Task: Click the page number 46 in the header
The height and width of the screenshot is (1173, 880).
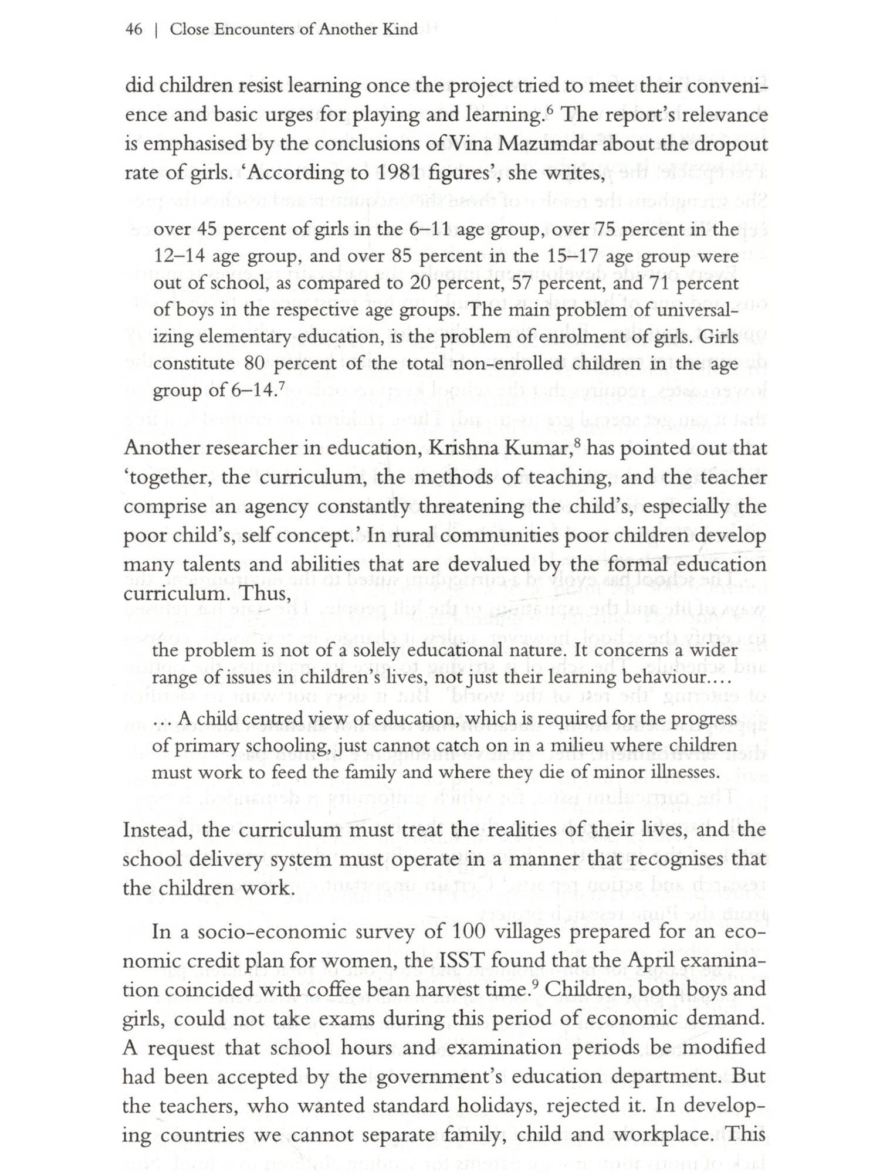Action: pos(134,29)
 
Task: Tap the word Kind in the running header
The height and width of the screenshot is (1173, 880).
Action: pos(400,29)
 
